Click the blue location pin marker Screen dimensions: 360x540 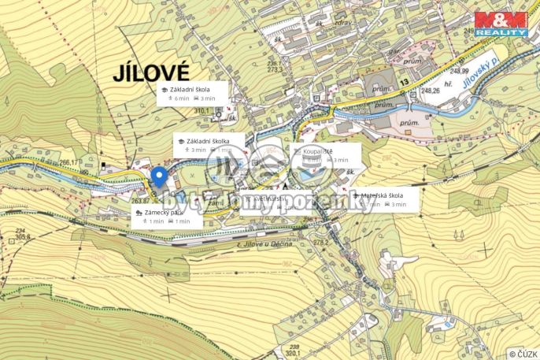[158, 177]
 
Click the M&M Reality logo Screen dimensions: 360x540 [501, 24]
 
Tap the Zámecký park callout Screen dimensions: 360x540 [166, 217]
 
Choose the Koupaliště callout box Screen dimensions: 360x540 [325, 154]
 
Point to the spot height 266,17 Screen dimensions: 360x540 [69, 163]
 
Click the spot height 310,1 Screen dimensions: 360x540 [205, 112]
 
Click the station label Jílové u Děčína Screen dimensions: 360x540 [264, 245]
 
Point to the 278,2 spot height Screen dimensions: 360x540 [320, 243]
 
